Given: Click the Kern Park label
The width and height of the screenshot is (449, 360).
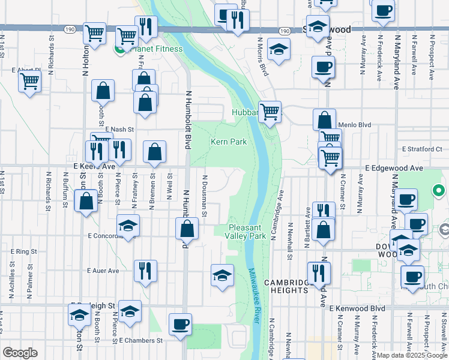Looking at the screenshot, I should point(229,142).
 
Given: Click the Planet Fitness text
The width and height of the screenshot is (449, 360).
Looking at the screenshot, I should point(143,49).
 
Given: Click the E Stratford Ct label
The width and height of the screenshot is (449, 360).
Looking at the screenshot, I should point(422,148).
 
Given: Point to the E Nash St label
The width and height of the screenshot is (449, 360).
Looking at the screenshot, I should point(119,129).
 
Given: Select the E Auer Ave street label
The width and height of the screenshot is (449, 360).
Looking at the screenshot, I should point(103,271).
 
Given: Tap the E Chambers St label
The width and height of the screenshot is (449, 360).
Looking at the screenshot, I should point(141,340).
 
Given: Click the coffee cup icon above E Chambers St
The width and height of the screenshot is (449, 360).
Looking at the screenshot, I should point(180,325).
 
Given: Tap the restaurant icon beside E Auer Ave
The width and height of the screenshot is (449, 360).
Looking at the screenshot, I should point(145,272).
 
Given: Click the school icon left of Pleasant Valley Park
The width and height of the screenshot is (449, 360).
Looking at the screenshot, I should point(222,276).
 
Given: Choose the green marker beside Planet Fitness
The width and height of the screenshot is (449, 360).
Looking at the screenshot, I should point(119,49).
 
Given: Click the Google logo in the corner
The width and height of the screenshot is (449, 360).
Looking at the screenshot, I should point(20,353).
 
